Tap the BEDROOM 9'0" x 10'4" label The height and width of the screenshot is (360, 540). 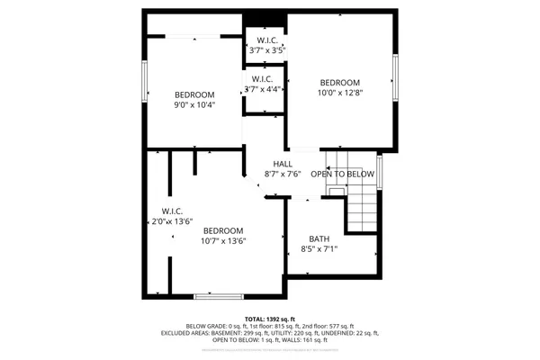194,100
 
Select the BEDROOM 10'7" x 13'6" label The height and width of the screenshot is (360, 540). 224,235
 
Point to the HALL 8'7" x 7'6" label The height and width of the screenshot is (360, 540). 283,168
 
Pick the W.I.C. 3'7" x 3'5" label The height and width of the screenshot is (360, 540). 267,46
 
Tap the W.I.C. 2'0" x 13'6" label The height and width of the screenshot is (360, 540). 172,216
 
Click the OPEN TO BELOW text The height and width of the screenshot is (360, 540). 343,174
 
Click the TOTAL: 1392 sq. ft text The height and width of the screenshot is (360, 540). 270,319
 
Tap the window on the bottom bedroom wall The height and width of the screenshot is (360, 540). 218,295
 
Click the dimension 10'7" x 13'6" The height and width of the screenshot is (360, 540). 224,240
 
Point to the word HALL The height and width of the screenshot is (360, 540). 283,163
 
